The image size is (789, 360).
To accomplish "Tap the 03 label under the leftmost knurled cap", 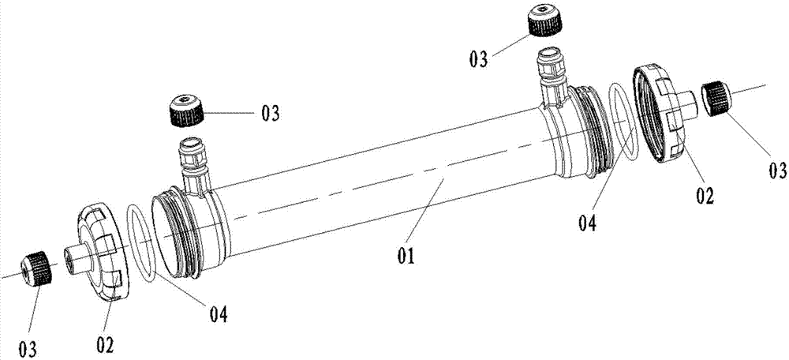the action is click(28, 348).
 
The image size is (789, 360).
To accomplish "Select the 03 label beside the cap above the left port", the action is click(270, 114).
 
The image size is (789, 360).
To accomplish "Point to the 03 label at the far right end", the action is click(777, 171).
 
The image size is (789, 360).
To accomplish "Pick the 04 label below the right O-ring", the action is click(587, 223).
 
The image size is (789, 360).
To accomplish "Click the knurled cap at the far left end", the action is click(37, 269).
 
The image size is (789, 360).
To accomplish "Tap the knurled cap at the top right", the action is click(544, 20).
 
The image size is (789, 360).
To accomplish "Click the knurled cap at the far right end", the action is click(716, 99).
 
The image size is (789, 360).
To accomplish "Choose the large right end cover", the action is click(663, 112).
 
